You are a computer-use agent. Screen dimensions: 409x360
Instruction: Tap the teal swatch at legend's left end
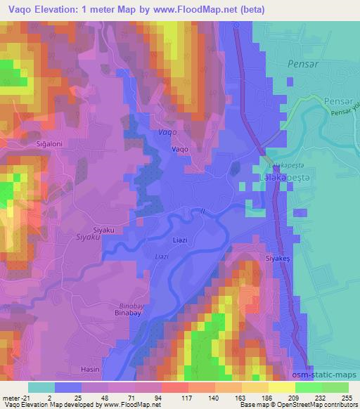coord(41,387)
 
